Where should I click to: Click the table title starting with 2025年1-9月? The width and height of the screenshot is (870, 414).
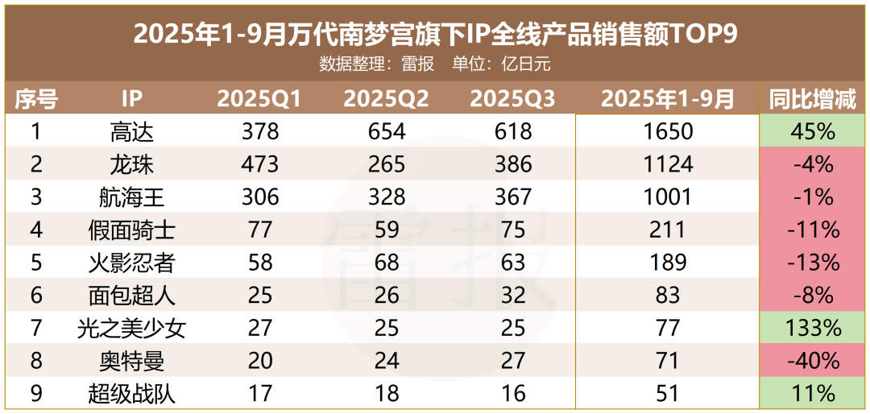[x=435, y=34]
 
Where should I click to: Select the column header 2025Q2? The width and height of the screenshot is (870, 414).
[x=386, y=99]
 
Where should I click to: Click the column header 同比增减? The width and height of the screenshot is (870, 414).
[x=813, y=99]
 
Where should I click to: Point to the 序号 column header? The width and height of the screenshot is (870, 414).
[x=36, y=99]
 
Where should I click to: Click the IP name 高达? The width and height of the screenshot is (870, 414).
[x=131, y=131]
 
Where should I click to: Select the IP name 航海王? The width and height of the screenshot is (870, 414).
[x=131, y=197]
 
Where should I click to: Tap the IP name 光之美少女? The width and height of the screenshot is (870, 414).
[x=131, y=329]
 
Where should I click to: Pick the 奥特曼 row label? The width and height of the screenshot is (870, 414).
[x=131, y=361]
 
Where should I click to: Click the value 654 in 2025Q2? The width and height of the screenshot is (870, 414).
[x=386, y=131]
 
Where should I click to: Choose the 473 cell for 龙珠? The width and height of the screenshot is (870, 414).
[x=259, y=164]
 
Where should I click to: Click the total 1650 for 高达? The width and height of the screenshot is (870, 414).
[x=668, y=131]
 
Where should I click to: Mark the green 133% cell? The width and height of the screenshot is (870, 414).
[x=813, y=329]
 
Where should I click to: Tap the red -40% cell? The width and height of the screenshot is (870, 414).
[x=813, y=361]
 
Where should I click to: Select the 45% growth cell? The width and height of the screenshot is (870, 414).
[x=813, y=131]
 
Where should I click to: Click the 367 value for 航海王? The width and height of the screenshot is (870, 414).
[x=512, y=197]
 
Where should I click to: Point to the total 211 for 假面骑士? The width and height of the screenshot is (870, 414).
[x=668, y=230]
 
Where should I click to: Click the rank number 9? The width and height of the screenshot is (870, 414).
[x=35, y=394]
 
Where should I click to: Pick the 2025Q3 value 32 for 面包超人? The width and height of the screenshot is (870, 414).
[x=512, y=296]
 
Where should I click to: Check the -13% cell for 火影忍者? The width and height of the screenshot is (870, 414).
[x=813, y=263]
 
